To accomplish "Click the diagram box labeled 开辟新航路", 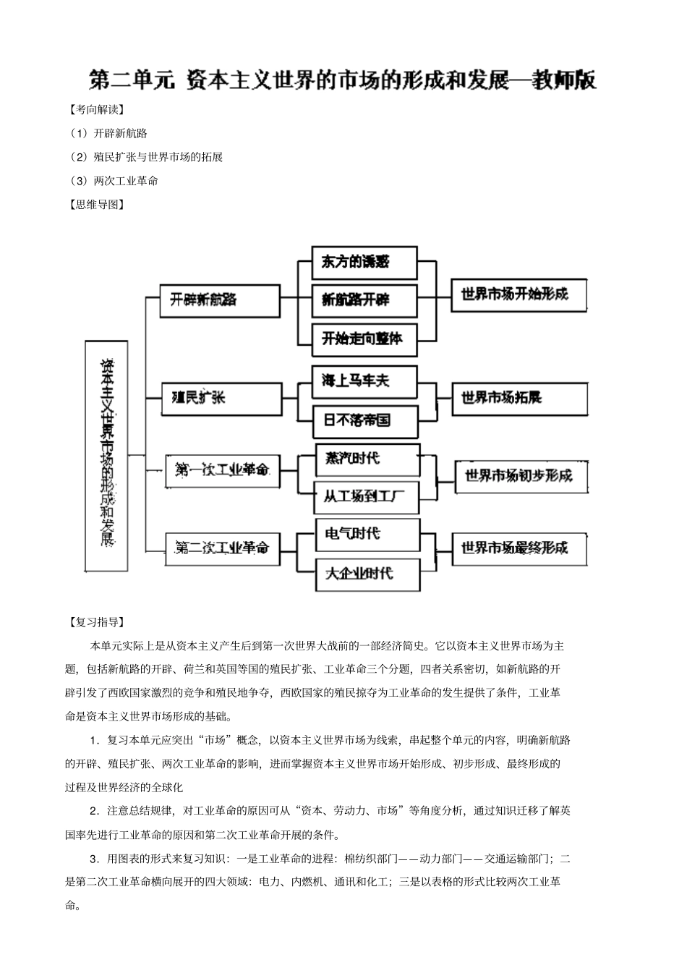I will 220,300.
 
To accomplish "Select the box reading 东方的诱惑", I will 364,263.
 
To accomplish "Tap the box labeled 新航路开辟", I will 364,300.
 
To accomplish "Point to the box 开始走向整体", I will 364,339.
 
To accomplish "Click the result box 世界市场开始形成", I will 519,294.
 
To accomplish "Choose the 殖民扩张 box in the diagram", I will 221,399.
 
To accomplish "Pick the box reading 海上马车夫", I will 364,381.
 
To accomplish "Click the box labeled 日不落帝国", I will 364,420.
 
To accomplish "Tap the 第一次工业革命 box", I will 222,470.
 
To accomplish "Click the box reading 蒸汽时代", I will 367,459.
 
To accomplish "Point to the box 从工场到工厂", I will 367,498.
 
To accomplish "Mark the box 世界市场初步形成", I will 520,477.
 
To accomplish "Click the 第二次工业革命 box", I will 222,548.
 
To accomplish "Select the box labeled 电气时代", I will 367,535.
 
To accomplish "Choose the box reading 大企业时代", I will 367,574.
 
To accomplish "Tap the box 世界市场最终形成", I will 519,548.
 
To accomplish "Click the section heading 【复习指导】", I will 95,622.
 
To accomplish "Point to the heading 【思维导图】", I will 95,205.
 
